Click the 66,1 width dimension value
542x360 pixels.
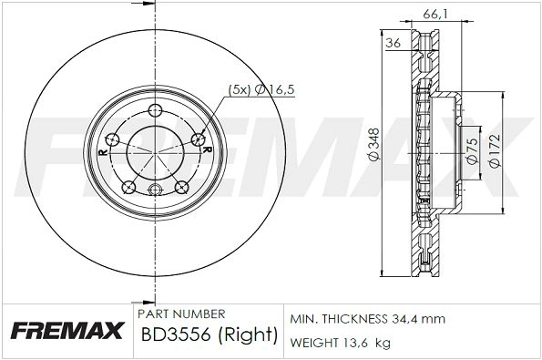pos(435,15)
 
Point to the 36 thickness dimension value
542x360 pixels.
pos(393,43)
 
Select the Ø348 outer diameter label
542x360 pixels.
pos(374,145)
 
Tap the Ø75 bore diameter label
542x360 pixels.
pos(472,150)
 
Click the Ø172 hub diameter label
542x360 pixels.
pos(495,150)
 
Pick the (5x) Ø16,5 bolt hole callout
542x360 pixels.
pos(261,89)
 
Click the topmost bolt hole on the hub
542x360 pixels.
pos(155,110)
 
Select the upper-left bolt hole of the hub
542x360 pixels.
pos(112,140)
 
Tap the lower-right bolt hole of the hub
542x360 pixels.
pos(182,187)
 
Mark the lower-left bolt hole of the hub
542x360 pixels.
pos(128,187)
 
